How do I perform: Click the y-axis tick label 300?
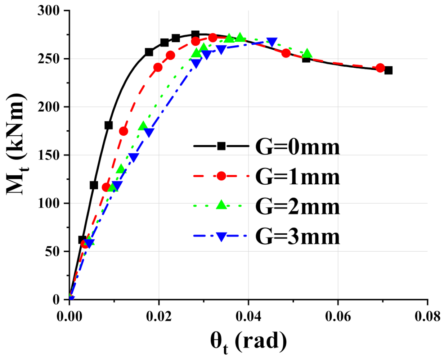tap(50, 11)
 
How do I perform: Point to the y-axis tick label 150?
tap(50, 155)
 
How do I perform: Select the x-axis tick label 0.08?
tap(427, 316)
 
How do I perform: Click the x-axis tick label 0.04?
tap(248, 316)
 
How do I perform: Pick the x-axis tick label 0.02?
tap(159, 316)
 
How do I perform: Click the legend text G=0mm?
tap(297, 147)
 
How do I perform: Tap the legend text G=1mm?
tap(297, 177)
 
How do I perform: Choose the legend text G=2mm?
tap(297, 207)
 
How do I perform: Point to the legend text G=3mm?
tap(297, 237)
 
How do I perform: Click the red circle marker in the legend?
tap(221, 176)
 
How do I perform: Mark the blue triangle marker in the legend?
tap(221, 237)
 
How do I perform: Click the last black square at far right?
tap(388, 70)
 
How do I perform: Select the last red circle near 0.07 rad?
tap(380, 68)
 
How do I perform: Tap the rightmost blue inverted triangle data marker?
tap(272, 42)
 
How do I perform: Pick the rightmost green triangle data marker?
tap(307, 54)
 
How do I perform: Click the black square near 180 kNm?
tap(108, 125)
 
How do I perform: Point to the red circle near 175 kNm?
tap(124, 131)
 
